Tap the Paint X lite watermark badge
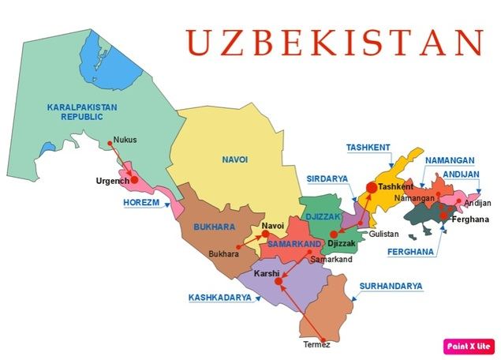pyautogui.click(x=469, y=345)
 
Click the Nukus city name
pyautogui.click(x=125, y=140)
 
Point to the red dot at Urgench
pyautogui.click(x=134, y=180)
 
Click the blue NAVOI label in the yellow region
pyautogui.click(x=235, y=159)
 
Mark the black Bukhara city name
pyautogui.click(x=222, y=254)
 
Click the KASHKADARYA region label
pyautogui.click(x=219, y=298)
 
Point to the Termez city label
pyautogui.click(x=316, y=345)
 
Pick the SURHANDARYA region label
pyautogui.click(x=391, y=286)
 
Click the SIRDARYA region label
pyautogui.click(x=327, y=179)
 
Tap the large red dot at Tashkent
pyautogui.click(x=372, y=187)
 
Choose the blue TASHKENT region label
pyautogui.click(x=368, y=147)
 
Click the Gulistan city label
pyautogui.click(x=383, y=234)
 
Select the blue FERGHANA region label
pyautogui.click(x=411, y=253)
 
